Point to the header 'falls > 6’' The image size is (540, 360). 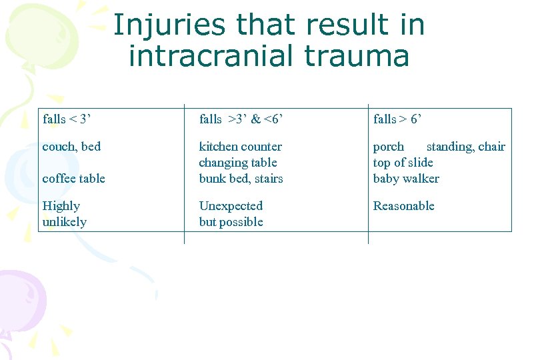pos(397,119)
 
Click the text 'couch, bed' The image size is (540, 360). pos(71,147)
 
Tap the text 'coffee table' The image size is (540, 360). pos(74,179)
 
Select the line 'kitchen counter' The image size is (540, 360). pos(240,147)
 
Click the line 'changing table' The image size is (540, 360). pos(238,163)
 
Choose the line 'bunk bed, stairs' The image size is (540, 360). pos(241,179)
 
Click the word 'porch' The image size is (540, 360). pos(389,147)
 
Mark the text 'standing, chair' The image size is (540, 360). pos(465,147)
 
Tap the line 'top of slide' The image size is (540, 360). pos(403,163)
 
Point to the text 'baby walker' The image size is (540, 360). pos(406,179)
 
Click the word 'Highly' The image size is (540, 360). pos(61,206)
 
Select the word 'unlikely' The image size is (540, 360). pos(64,222)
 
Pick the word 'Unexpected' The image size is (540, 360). pos(231,206)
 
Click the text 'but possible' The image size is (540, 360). pos(231,222)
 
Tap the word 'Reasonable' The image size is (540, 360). pos(403,206)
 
